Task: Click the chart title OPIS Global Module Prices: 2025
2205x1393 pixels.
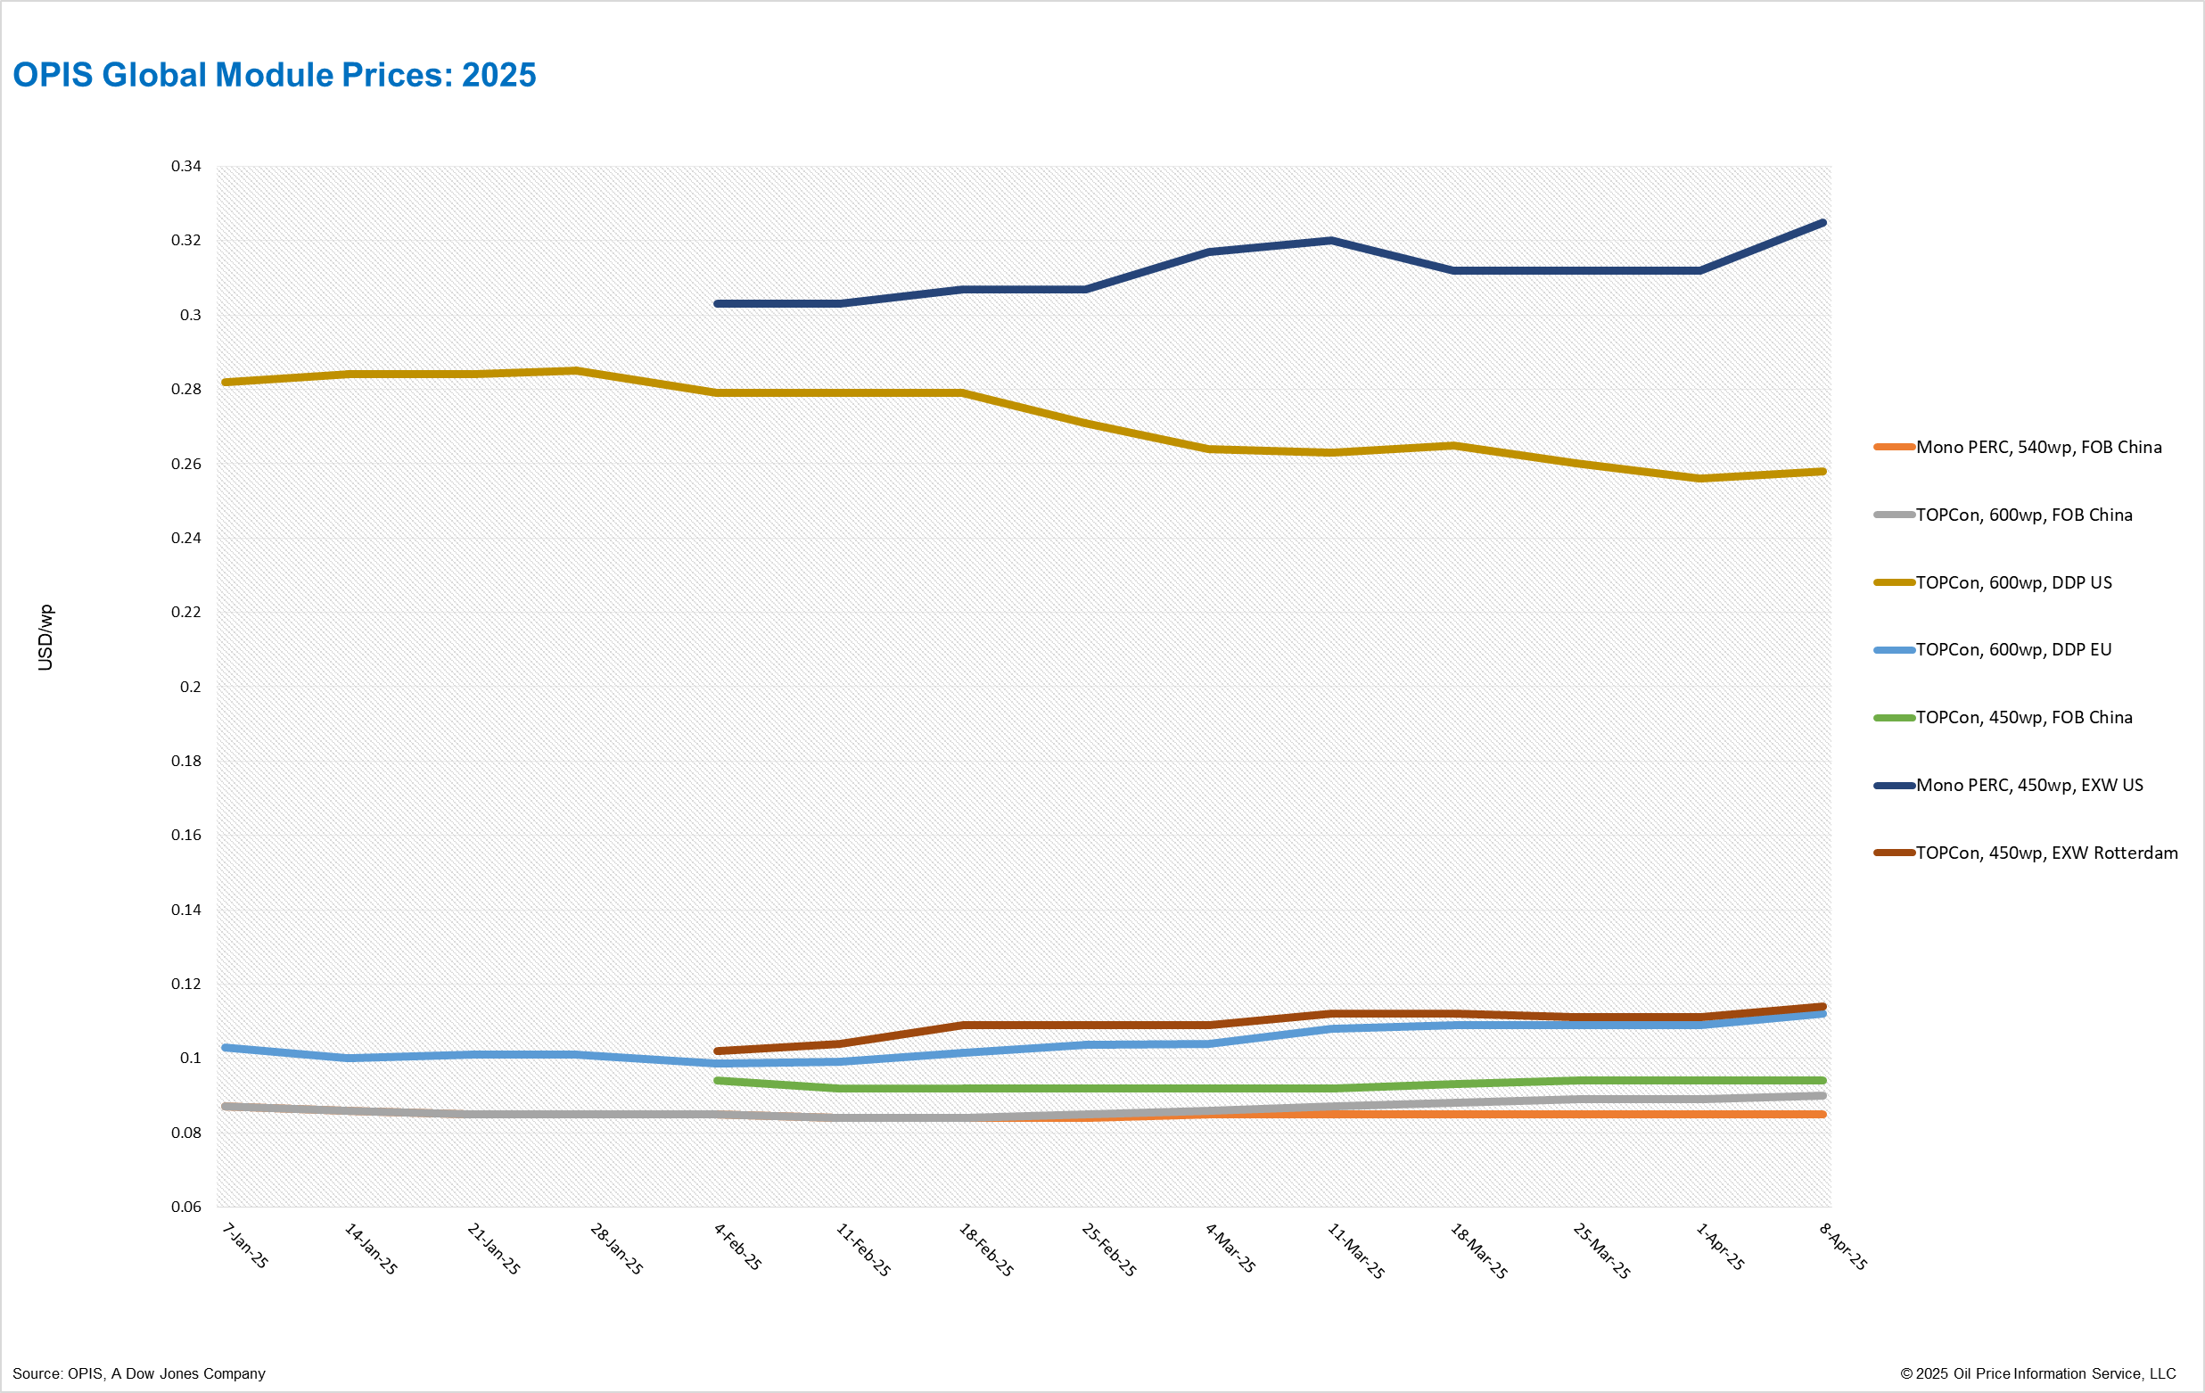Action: (x=274, y=75)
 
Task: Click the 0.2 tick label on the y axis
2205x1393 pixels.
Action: (x=191, y=686)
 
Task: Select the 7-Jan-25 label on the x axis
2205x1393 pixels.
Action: (x=245, y=1246)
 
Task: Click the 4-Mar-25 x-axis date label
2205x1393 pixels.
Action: (x=1230, y=1248)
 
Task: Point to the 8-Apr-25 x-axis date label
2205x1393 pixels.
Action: (x=1842, y=1247)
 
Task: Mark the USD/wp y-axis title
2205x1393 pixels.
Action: (x=45, y=638)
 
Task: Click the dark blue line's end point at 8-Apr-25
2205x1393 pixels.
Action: (x=1822, y=223)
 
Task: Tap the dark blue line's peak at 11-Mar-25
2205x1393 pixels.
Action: (x=1330, y=241)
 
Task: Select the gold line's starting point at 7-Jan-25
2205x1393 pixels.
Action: (x=226, y=382)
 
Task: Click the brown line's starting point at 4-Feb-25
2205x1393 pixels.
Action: (x=717, y=1051)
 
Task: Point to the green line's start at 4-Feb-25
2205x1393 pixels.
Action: (x=717, y=1081)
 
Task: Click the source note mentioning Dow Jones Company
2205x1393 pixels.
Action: (x=139, y=1372)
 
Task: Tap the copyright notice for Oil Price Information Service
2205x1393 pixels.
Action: (x=2037, y=1372)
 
